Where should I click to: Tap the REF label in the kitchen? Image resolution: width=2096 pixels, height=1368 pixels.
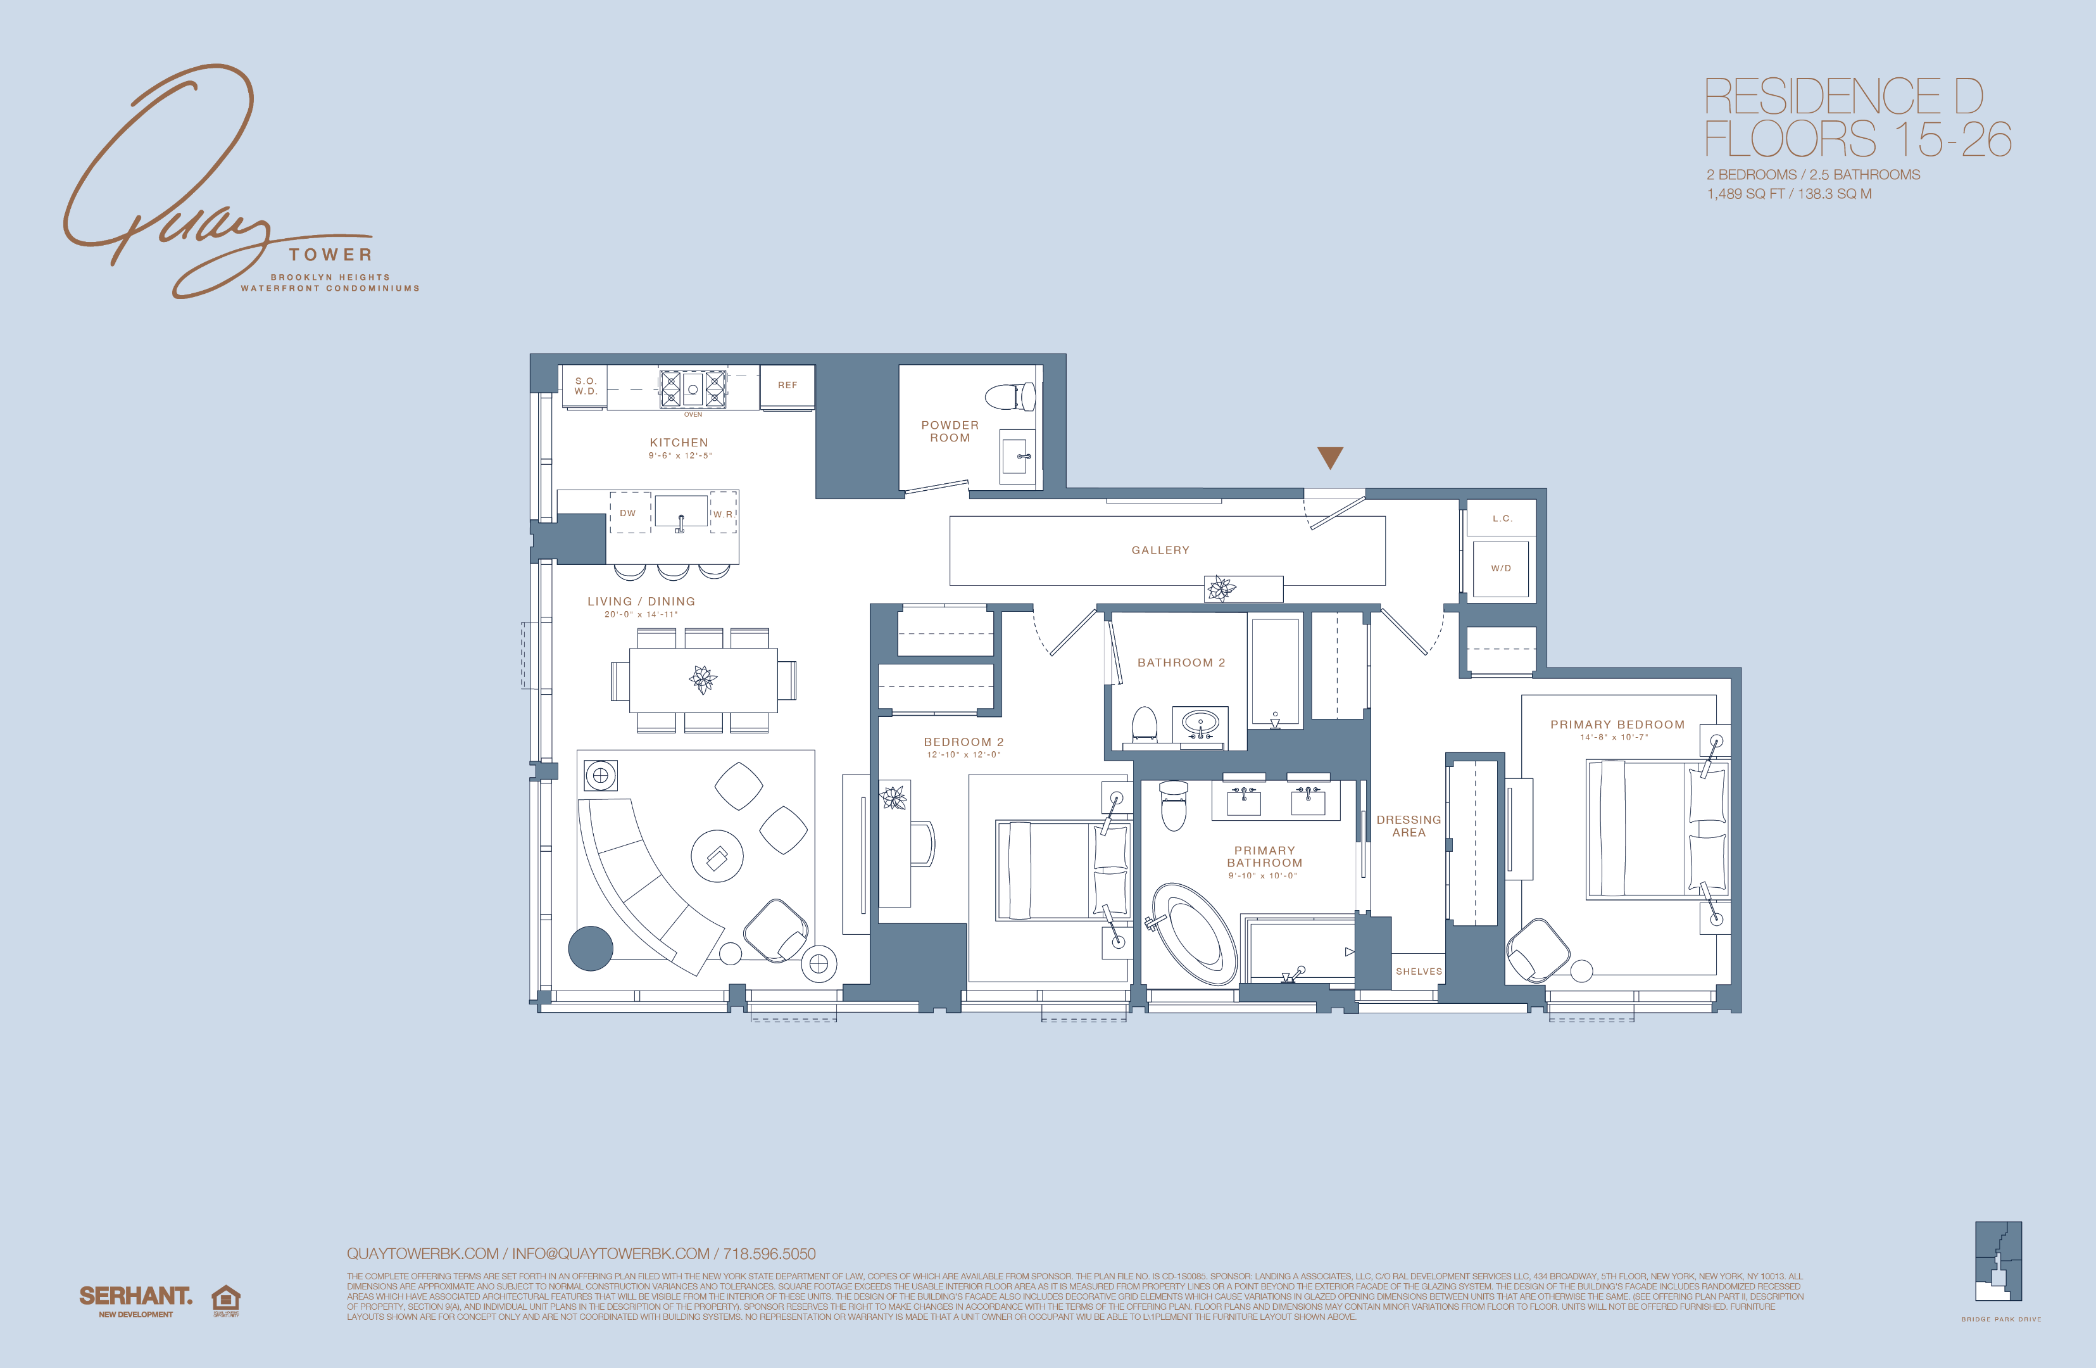[788, 385]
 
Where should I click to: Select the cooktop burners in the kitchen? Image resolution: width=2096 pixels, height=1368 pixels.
[693, 388]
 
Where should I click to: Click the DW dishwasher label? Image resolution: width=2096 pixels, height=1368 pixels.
[628, 512]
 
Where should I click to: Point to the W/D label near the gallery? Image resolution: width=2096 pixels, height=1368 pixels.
[1501, 568]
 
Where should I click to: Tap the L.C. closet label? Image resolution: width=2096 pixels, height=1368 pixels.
[1502, 519]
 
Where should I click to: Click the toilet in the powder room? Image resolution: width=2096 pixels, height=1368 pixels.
[1011, 396]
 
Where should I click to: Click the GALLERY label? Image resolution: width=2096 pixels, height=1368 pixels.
[1160, 550]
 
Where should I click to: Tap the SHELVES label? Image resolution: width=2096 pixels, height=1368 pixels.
[1419, 971]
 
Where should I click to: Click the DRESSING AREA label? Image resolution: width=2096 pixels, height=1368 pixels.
[1408, 825]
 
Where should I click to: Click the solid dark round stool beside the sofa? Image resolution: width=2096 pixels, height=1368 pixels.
[590, 949]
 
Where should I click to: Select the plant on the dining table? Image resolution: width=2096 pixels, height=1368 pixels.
[703, 679]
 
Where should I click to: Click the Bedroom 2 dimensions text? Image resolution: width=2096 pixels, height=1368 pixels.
[963, 755]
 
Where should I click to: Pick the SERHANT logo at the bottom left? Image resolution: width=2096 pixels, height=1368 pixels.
[135, 1296]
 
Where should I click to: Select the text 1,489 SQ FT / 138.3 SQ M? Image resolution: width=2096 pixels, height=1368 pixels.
[1788, 194]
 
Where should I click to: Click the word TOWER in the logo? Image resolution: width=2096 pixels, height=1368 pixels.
[330, 255]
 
